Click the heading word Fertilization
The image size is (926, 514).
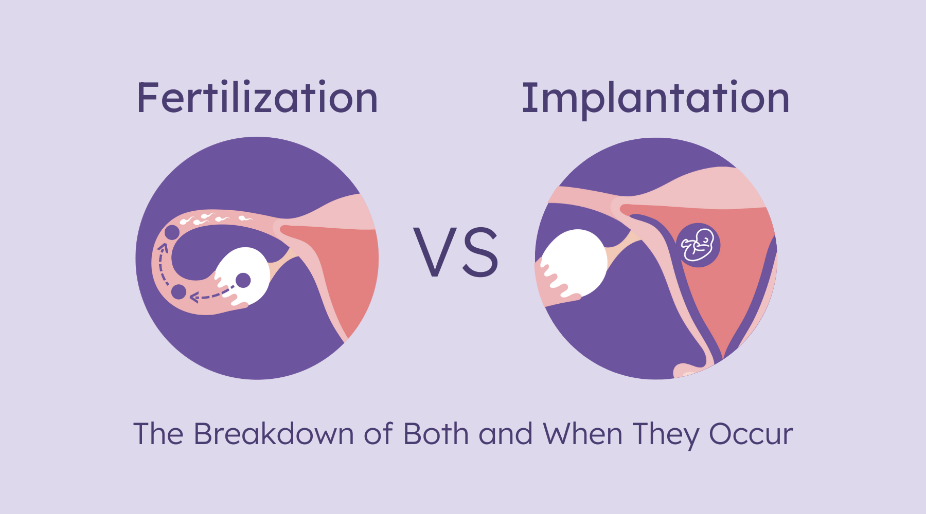(x=257, y=98)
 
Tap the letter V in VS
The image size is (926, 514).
(x=434, y=252)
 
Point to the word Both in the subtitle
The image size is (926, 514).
(x=436, y=434)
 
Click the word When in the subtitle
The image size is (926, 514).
(x=583, y=434)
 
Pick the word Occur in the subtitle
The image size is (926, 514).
(x=751, y=434)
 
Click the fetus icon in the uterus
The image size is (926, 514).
(x=698, y=245)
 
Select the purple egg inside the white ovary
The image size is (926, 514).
(x=243, y=281)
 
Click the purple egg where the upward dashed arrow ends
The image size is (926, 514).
(x=172, y=232)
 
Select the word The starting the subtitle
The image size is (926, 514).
(x=158, y=434)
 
